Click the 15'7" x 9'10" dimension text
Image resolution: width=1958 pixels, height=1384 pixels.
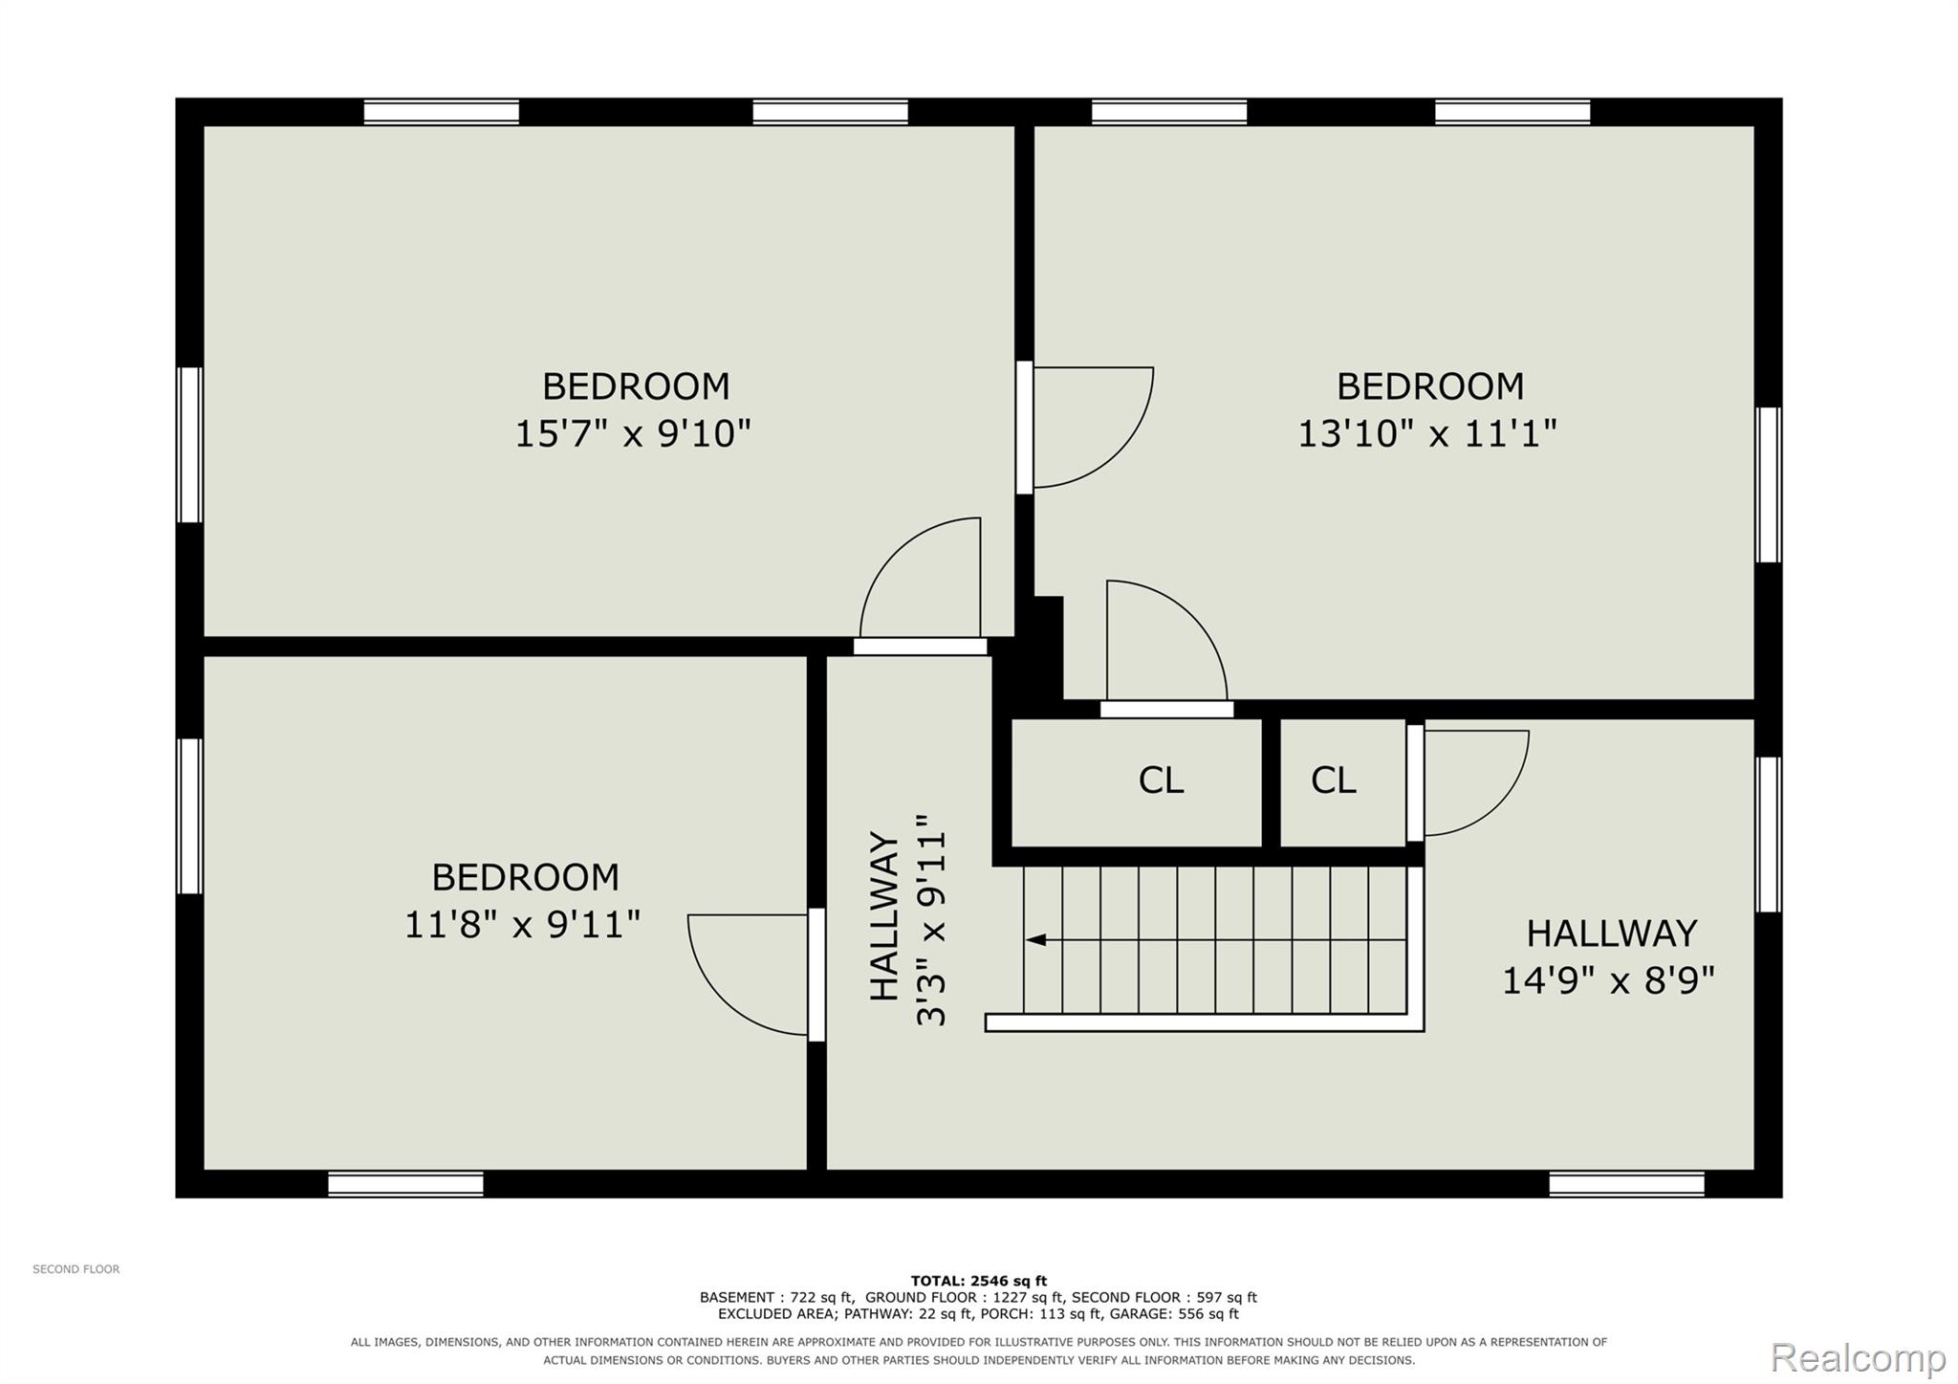coord(633,433)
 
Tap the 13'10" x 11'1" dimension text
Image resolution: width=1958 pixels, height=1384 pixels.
coord(1427,433)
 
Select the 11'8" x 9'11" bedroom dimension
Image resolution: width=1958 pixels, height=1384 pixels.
coord(522,925)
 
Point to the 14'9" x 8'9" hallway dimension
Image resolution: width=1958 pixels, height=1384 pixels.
coord(1609,980)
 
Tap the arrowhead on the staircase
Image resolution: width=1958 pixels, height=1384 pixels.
coord(1035,940)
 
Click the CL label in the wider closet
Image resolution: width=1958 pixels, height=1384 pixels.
coord(1161,780)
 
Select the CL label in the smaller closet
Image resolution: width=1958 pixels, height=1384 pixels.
coord(1333,780)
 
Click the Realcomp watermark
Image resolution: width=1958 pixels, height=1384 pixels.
coord(1859,1357)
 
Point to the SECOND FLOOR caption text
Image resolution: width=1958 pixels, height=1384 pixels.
coord(76,1269)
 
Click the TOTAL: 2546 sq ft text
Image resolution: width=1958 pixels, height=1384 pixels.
coord(978,1281)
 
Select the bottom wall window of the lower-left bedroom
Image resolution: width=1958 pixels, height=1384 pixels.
coord(405,1184)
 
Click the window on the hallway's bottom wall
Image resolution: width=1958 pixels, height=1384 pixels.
coord(1626,1184)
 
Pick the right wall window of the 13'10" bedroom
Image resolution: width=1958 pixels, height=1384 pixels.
coord(1769,485)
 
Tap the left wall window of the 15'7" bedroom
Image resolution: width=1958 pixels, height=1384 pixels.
coord(189,445)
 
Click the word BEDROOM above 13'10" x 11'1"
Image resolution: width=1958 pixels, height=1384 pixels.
coord(1429,386)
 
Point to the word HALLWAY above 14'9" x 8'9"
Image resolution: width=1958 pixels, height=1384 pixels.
coord(1611,934)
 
